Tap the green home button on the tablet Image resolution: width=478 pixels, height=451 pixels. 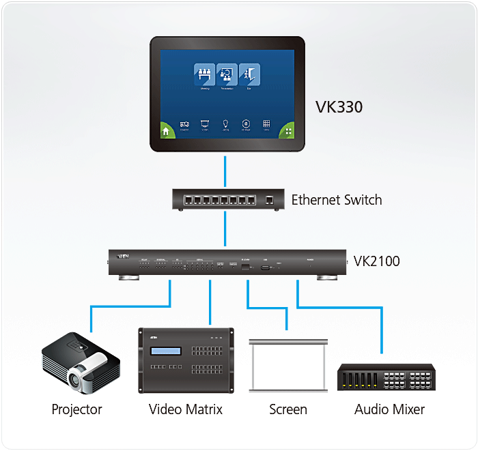[167, 132]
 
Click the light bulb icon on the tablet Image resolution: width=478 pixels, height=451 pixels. [225, 124]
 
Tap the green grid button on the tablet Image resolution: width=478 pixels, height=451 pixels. [288, 132]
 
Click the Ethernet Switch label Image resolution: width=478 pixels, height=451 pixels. [337, 200]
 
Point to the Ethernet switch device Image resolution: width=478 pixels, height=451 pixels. [225, 200]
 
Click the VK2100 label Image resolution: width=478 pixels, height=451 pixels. [376, 261]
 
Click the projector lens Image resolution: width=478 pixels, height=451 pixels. [78, 375]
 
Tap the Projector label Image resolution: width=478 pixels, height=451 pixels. [76, 409]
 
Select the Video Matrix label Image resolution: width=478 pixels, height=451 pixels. [186, 409]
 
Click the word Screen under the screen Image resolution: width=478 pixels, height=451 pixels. [287, 409]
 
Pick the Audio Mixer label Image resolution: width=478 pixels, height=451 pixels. [389, 409]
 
